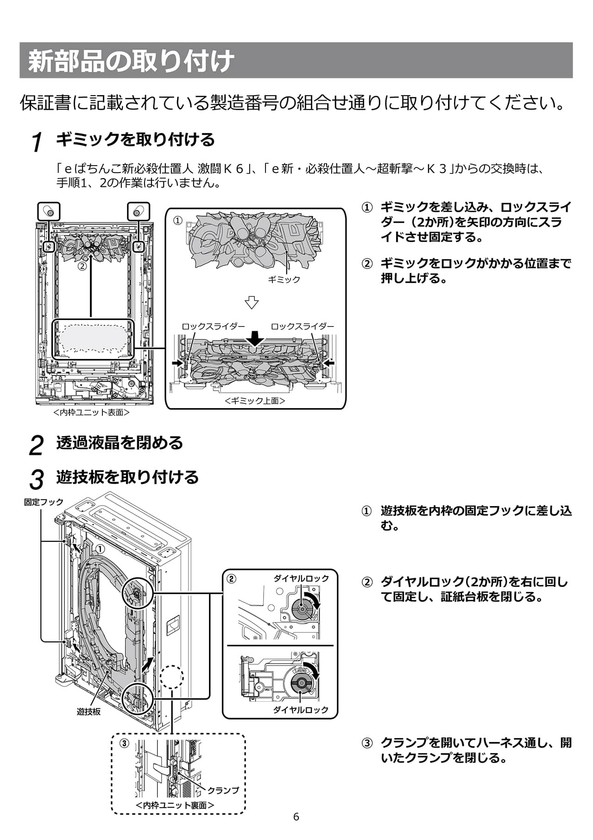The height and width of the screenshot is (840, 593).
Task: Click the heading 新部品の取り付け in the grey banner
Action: pyautogui.click(x=131, y=61)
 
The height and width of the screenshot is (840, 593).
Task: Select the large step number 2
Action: pyautogui.click(x=36, y=445)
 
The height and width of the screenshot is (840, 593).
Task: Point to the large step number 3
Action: pyautogui.click(x=36, y=479)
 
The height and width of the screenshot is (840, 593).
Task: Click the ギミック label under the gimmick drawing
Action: pyautogui.click(x=284, y=279)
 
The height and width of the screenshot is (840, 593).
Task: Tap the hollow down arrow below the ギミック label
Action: pyautogui.click(x=252, y=302)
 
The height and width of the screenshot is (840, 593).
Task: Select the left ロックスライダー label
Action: pyautogui.click(x=213, y=326)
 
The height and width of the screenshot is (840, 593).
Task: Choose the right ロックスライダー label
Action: pyautogui.click(x=302, y=326)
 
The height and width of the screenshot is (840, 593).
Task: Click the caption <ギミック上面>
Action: pyautogui.click(x=255, y=401)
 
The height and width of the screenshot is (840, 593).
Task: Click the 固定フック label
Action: pyautogui.click(x=44, y=502)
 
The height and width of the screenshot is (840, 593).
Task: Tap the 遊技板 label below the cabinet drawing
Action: pyautogui.click(x=88, y=712)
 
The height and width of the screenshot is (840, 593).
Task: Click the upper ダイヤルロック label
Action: pyautogui.click(x=301, y=578)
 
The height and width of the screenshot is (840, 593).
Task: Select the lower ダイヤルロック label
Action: pyautogui.click(x=301, y=710)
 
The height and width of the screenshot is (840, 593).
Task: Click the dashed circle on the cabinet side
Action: pyautogui.click(x=171, y=677)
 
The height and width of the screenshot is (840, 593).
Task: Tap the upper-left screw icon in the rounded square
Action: pyautogui.click(x=49, y=212)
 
